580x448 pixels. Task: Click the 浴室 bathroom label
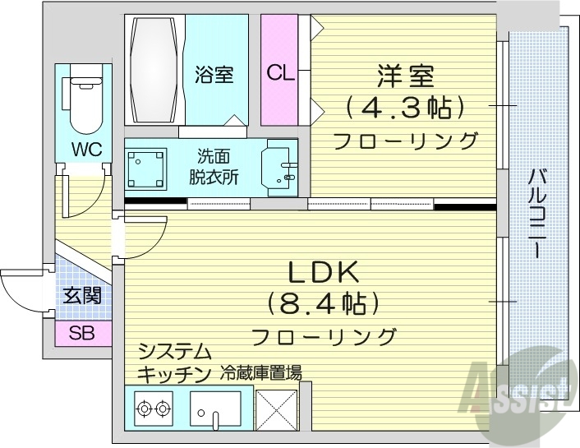[214, 74]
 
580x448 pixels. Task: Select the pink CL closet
[279, 72]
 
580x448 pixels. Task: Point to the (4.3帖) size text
[406, 107]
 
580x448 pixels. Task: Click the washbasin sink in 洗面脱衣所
[278, 166]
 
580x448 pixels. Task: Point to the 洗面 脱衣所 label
[214, 166]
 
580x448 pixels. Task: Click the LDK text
[324, 271]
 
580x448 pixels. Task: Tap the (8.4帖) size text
[324, 304]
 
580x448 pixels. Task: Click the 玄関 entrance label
[82, 294]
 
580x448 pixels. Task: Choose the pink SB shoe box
[82, 334]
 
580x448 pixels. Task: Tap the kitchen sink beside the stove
[218, 409]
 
